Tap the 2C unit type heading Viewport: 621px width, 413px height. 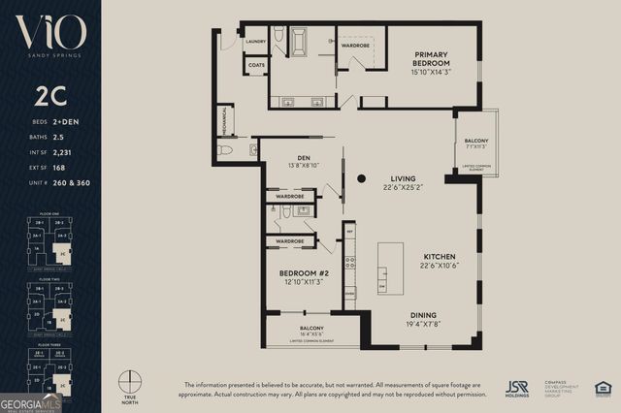coord(49,98)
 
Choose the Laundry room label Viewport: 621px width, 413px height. coord(256,42)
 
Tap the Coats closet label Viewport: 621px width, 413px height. coord(256,66)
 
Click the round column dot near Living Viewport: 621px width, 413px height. coord(361,178)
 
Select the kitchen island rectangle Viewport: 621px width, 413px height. coord(390,269)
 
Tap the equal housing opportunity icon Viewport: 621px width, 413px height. coord(603,389)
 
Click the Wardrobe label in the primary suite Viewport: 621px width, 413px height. coord(356,45)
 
